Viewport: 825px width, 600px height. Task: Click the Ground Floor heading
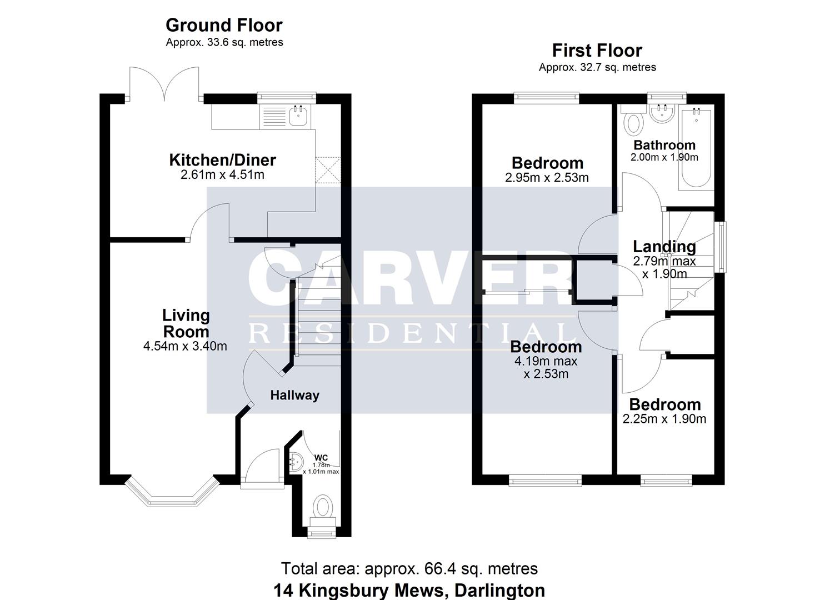(224, 26)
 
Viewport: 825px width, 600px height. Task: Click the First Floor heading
(597, 51)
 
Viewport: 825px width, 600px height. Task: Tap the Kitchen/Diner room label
(222, 160)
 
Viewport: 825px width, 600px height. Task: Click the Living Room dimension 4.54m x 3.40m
(185, 346)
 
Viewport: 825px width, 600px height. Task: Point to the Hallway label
(294, 396)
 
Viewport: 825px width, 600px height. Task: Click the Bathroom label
(664, 146)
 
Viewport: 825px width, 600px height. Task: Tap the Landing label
(664, 246)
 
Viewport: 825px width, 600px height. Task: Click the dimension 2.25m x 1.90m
(664, 419)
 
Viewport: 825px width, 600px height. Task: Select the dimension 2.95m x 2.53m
(547, 178)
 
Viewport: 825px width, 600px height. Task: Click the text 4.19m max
(546, 361)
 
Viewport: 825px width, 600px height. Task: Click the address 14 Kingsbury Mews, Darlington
(409, 590)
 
